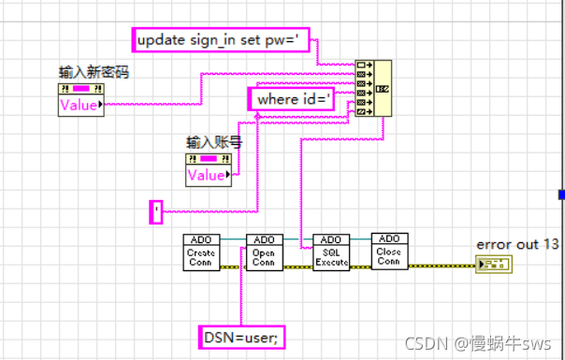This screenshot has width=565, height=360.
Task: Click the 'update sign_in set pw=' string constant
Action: coord(224,40)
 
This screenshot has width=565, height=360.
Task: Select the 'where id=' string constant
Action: coord(291,99)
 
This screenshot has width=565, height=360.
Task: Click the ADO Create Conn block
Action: coord(200,252)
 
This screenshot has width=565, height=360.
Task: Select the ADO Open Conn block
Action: coord(264,252)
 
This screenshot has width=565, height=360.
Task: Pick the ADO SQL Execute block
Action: coord(331,252)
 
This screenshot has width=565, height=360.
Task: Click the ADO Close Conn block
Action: coord(389,252)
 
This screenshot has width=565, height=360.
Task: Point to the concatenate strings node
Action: coord(372,88)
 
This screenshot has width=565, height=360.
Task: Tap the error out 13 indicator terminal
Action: coord(494,265)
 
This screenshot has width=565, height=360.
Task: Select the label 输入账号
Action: coord(209,142)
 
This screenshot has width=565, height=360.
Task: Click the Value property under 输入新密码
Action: coord(80,105)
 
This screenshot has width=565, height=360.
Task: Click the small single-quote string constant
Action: coord(156,212)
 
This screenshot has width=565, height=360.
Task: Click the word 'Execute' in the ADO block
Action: coord(331,263)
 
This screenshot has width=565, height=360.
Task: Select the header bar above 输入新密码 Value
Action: coord(80,89)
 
